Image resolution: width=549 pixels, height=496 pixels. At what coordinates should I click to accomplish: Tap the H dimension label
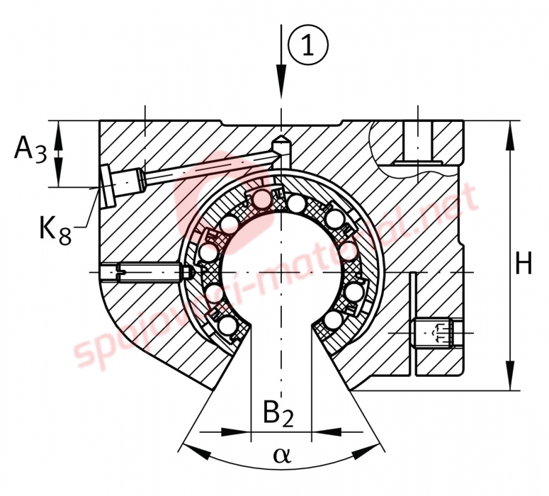[x=523, y=264]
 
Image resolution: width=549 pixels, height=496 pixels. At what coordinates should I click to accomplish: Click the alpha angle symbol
[x=281, y=453]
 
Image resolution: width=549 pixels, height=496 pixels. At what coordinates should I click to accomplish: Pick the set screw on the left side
[x=145, y=272]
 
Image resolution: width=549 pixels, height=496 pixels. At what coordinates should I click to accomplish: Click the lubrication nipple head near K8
[x=106, y=186]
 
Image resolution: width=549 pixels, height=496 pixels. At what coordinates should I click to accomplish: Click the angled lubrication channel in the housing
[x=205, y=168]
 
